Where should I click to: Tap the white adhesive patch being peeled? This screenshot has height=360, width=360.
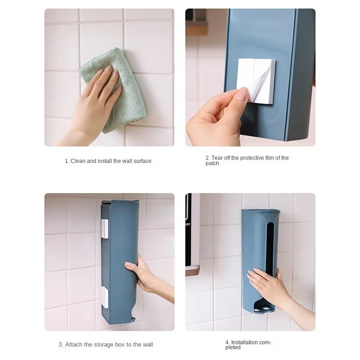pos(256,81)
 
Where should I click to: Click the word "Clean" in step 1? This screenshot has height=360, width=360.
pos(78,161)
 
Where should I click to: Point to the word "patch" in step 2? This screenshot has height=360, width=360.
pos(212,163)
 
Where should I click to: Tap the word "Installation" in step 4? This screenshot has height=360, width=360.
pos(244,342)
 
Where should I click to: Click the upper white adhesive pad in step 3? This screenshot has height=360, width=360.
pos(105,229)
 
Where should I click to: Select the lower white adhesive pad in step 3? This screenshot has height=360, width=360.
pos(105,297)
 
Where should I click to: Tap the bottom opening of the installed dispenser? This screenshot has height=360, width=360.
pos(264,307)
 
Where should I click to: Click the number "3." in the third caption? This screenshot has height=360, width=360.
pos(61,344)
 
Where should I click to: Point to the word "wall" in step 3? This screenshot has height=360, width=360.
pos(148,344)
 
